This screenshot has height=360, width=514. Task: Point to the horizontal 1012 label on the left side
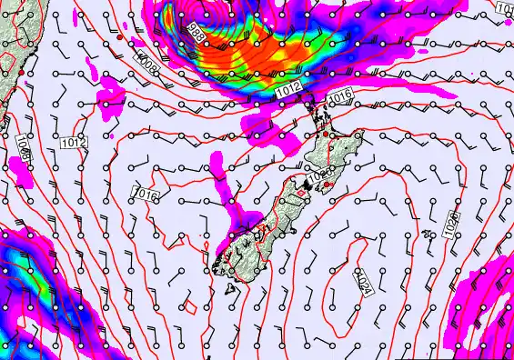[74, 143]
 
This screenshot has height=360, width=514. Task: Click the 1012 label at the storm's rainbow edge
[288, 90]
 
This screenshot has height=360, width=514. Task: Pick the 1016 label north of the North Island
[339, 95]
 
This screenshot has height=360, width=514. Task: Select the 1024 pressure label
[362, 283]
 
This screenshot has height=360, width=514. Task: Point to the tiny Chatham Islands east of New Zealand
[427, 234]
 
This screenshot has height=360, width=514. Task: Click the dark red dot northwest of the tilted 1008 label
[119, 39]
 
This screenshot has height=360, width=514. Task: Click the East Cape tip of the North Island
[363, 136]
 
